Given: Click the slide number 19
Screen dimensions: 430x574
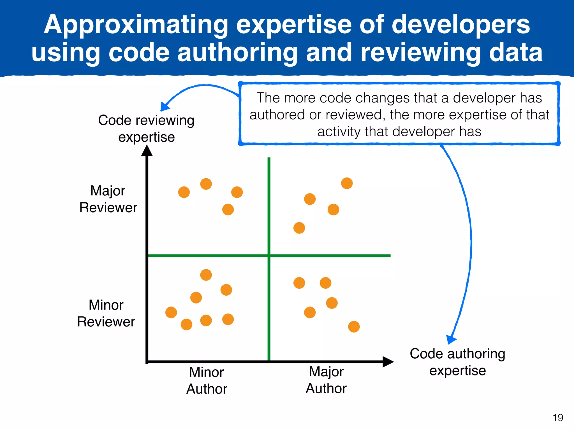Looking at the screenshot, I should pyautogui.click(x=558, y=418).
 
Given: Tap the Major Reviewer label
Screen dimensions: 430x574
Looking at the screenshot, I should pyautogui.click(x=108, y=199).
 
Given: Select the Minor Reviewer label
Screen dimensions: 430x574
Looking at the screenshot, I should pyautogui.click(x=106, y=313).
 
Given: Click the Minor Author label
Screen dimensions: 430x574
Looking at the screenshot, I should pyautogui.click(x=207, y=380).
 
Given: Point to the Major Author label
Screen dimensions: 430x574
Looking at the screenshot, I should pyautogui.click(x=326, y=380).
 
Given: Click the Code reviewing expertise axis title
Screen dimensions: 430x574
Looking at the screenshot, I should pyautogui.click(x=146, y=128).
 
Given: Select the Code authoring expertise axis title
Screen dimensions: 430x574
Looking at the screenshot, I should pyautogui.click(x=457, y=362).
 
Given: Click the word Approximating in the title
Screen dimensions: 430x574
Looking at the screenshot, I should pyautogui.click(x=136, y=25).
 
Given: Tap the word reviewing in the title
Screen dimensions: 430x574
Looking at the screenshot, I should pyautogui.click(x=420, y=53).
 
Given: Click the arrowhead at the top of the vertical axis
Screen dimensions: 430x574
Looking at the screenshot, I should pyautogui.click(x=147, y=151).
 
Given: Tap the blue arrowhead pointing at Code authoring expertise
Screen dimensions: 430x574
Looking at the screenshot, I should pyautogui.click(x=451, y=339).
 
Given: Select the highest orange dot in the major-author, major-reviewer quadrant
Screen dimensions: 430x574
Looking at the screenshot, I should pyautogui.click(x=347, y=183).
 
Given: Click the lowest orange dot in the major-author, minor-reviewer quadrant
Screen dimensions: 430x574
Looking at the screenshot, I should pyautogui.click(x=354, y=327).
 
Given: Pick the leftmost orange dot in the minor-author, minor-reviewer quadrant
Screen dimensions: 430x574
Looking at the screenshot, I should pyautogui.click(x=171, y=312).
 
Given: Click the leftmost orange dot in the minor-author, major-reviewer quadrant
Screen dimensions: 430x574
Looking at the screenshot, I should pyautogui.click(x=184, y=192).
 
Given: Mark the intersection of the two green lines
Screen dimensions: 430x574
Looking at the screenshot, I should pyautogui.click(x=269, y=256).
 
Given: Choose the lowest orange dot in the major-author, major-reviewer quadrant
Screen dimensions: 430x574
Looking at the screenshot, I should pyautogui.click(x=299, y=228).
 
